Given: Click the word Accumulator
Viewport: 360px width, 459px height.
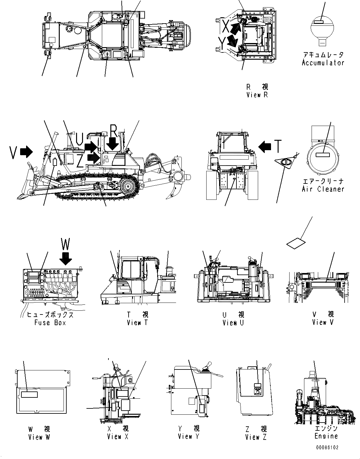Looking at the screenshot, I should [323, 63].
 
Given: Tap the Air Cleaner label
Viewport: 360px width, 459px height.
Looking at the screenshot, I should [323, 189].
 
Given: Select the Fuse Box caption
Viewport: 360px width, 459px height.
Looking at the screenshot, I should [50, 323].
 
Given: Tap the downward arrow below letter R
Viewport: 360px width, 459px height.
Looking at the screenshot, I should [113, 145].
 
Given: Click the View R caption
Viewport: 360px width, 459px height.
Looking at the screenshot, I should [257, 95].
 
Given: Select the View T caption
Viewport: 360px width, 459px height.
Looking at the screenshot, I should [137, 323].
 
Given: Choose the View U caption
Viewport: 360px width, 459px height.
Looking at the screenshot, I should [233, 323].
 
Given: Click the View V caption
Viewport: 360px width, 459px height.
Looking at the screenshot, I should [323, 322].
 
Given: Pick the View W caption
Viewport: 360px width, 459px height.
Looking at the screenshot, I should [39, 437].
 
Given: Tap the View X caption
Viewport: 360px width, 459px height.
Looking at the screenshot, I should [118, 437].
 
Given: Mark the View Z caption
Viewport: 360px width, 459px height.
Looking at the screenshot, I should [256, 437].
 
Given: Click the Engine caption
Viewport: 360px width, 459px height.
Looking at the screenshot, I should [326, 436].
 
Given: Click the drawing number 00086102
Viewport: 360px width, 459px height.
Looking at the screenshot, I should [327, 448].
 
